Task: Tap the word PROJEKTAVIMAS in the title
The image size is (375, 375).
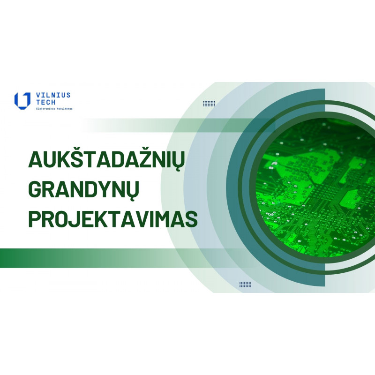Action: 113,219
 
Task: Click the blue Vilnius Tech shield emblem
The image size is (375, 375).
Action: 22,101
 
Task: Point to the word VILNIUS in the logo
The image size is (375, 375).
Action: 53,95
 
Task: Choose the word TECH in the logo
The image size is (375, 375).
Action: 45,102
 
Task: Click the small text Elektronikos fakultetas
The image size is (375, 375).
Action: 54,109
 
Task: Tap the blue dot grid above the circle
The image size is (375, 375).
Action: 209,103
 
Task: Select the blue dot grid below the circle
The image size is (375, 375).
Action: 245,284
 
